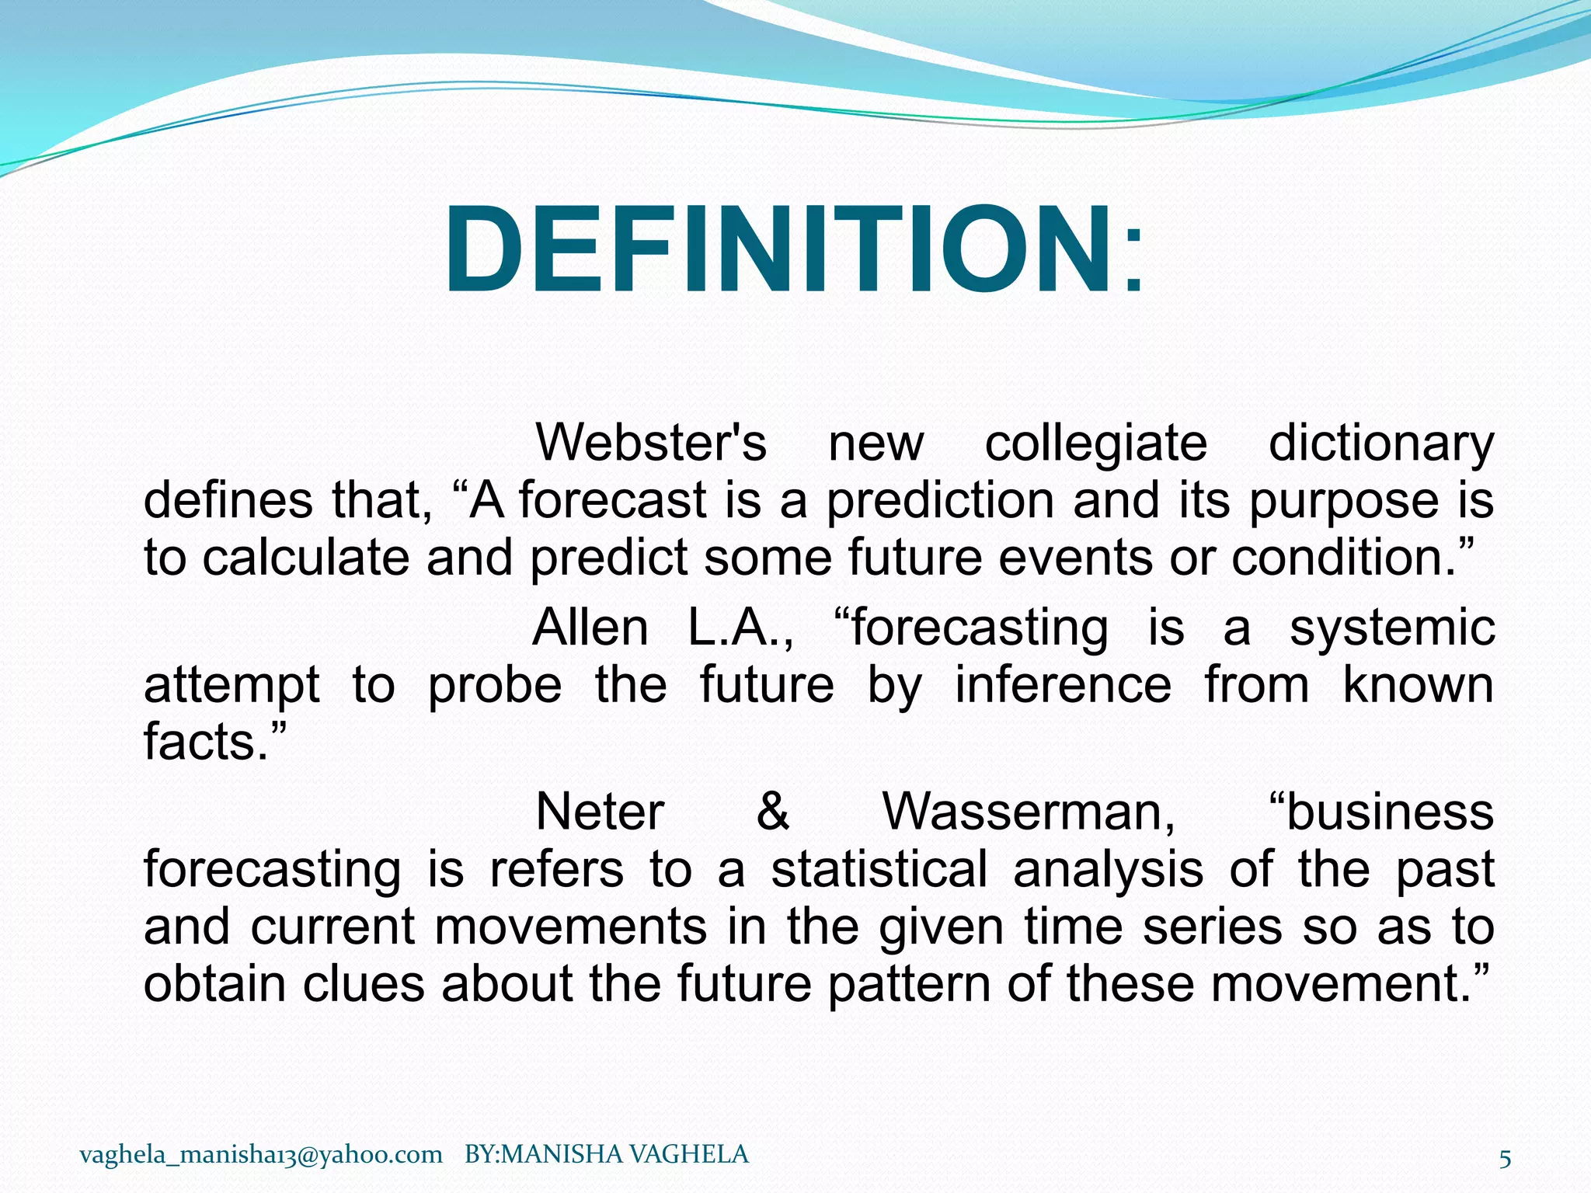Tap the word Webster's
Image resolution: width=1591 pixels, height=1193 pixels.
pos(651,443)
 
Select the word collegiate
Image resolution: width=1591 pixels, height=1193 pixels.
pos(1095,444)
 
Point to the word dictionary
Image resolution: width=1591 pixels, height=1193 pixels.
pos(1380,444)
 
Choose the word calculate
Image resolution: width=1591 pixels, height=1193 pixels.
pos(306,557)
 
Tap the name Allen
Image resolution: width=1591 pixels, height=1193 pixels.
pos(590,628)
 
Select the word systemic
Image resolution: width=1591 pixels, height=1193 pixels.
pos(1391,628)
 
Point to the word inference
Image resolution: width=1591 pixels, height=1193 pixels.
pos(1063,685)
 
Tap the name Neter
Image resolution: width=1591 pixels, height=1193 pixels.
pos(600,812)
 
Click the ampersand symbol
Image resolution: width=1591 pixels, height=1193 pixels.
pos(772,812)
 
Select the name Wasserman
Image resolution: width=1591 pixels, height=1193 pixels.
pos(1028,812)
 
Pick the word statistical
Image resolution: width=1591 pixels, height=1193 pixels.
pos(879,868)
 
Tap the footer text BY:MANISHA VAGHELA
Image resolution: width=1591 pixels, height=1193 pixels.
pos(606,1154)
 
